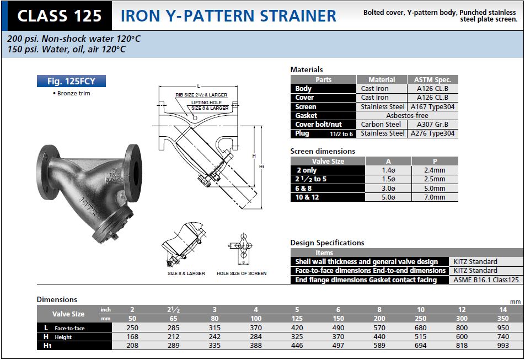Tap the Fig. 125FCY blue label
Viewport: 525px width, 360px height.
[71, 81]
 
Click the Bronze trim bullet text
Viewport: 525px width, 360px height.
[74, 93]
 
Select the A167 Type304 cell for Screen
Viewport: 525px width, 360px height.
[433, 106]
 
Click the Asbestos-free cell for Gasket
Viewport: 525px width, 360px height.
[408, 115]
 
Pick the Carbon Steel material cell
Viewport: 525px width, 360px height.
[381, 124]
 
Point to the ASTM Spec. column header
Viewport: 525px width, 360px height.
[433, 79]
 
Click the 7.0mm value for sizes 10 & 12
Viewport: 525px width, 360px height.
[435, 197]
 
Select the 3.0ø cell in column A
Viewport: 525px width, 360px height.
[388, 188]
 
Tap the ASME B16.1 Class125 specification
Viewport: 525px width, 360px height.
[486, 280]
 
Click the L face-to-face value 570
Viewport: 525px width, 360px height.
[379, 328]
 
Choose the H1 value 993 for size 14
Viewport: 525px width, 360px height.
[502, 346]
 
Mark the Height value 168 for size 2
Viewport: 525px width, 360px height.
[132, 337]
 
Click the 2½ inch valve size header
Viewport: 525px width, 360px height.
[173, 309]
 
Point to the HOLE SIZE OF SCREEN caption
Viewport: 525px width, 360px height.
[241, 273]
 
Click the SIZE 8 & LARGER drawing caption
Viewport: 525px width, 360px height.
[186, 273]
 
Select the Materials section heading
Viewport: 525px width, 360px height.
[307, 69]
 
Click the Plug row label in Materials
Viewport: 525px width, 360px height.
[303, 133]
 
